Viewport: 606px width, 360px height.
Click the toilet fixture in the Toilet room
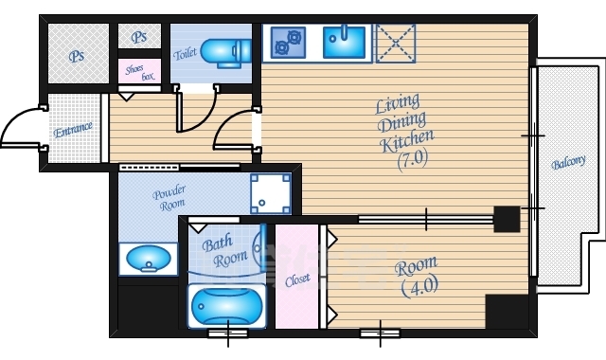(226, 53)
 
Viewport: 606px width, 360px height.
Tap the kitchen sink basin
(344, 42)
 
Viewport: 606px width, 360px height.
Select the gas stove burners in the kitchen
(288, 42)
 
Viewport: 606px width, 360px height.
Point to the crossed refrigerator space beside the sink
(396, 44)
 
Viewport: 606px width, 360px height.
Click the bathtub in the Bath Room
(227, 306)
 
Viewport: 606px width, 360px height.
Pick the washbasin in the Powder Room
(148, 259)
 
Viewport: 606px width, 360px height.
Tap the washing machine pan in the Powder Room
(271, 193)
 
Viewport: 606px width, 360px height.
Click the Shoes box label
(140, 72)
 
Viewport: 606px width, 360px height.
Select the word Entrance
(73, 130)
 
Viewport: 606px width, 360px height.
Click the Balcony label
(568, 162)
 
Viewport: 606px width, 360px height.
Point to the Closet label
(297, 280)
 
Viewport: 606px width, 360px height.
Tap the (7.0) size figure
(413, 159)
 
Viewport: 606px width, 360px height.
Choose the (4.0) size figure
(419, 286)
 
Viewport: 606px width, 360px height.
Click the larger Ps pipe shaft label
(77, 56)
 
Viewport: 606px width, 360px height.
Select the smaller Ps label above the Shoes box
(139, 37)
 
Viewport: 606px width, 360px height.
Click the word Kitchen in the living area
(407, 140)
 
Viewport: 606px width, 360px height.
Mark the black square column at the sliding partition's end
(508, 219)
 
